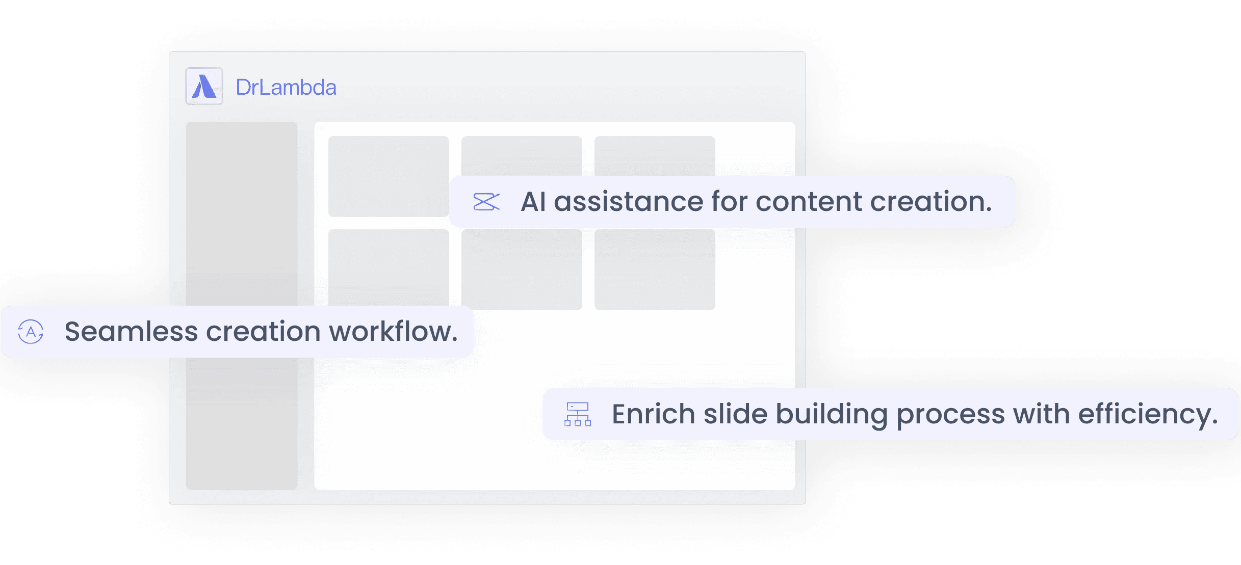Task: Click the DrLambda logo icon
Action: point(204,87)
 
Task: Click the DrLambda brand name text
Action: point(286,88)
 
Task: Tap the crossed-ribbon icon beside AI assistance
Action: point(486,202)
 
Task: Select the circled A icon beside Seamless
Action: point(31,332)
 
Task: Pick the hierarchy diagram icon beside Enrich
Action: point(577,414)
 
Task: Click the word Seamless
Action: point(131,332)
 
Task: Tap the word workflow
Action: point(393,332)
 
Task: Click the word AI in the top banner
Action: point(533,202)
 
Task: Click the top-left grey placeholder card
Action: point(389,176)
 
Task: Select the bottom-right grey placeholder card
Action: point(655,270)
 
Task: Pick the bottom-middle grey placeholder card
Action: point(522,270)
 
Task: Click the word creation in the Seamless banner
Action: point(263,332)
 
